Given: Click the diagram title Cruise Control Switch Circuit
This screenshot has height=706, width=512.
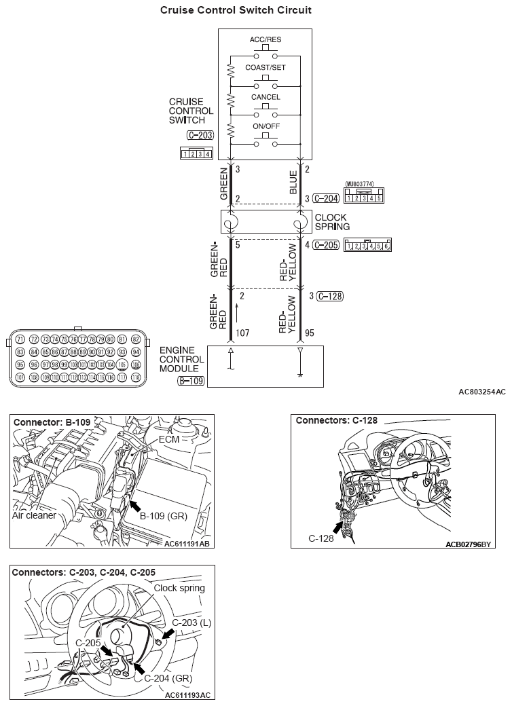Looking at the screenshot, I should [236, 10].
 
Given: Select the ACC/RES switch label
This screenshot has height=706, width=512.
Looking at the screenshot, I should [265, 39].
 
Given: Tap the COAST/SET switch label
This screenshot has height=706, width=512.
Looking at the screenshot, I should [265, 68].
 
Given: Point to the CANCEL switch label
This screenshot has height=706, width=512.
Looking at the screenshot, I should [265, 97].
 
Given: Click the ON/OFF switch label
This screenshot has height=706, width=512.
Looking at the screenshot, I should [265, 126].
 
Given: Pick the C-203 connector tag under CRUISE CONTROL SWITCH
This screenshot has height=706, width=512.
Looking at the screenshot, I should [200, 135].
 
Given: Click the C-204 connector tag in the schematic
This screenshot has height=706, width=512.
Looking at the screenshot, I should [326, 198].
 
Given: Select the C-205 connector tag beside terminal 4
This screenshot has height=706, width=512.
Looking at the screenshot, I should [326, 245].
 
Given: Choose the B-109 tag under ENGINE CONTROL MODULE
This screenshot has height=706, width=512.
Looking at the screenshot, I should [190, 382].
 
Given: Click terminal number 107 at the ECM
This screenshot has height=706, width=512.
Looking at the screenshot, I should [242, 333].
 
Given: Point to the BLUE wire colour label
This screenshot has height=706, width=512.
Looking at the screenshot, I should [293, 182].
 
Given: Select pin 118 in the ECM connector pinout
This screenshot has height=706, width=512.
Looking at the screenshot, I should [136, 376].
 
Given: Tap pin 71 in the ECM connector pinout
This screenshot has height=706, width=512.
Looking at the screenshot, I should [20, 339].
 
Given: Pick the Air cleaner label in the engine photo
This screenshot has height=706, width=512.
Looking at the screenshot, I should [33, 515].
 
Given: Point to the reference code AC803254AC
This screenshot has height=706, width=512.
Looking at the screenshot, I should [481, 392].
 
